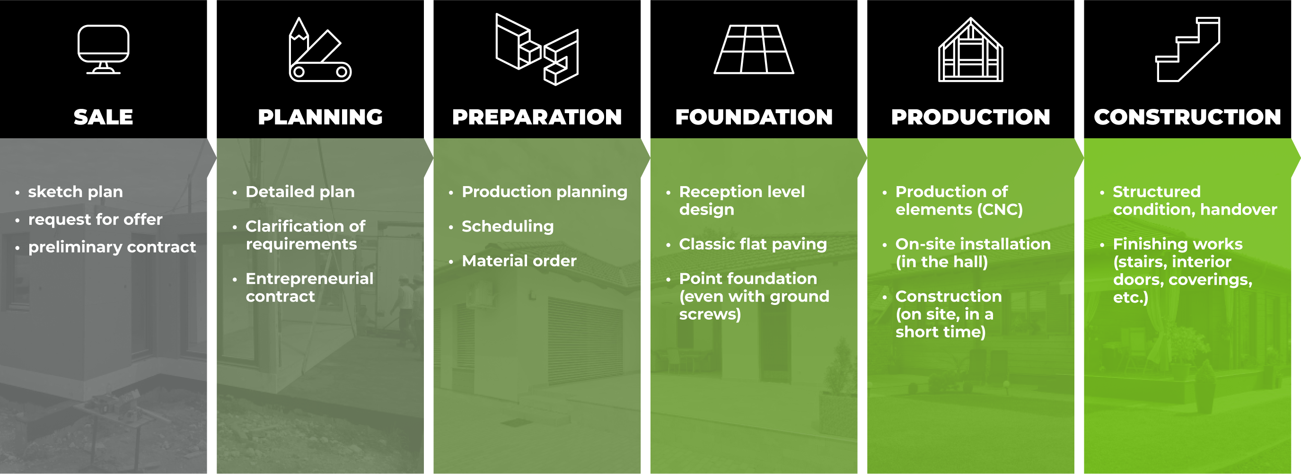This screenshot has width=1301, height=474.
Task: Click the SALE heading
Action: coord(103,117)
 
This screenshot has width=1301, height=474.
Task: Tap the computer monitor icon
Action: coord(103,49)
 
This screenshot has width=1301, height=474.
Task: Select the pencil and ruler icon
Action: coord(320,50)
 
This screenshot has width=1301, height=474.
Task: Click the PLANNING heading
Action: coord(320,117)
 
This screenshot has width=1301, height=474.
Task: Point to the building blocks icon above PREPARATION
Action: coord(537,49)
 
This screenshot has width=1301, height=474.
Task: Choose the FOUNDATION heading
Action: coord(754,117)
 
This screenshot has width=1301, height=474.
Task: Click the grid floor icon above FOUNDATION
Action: coord(754,49)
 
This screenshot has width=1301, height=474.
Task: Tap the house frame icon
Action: coord(971,49)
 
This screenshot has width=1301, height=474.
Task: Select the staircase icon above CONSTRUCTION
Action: coord(1188,49)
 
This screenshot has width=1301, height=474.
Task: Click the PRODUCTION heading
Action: coord(971,117)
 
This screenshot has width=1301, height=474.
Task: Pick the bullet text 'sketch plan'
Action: coord(75,192)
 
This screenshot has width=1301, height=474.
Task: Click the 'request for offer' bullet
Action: coord(96,219)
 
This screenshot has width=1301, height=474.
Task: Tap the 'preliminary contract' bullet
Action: coord(112,247)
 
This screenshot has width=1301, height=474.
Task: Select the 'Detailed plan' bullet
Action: coord(300,192)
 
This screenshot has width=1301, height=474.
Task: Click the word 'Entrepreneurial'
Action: coord(309,278)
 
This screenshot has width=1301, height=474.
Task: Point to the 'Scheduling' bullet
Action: coord(508,226)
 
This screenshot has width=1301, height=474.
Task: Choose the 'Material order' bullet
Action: coord(519,261)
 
